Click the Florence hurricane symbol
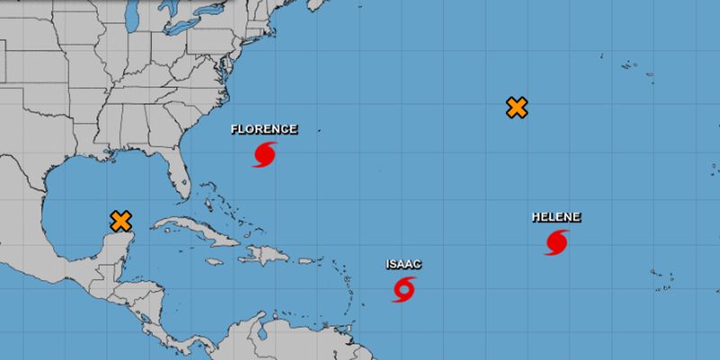[x=264, y=154]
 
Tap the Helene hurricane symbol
[x=556, y=242]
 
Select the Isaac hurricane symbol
[x=404, y=289]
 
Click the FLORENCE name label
[x=264, y=129]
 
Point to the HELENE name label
[x=556, y=217]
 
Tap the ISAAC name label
[x=403, y=264]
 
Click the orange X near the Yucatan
[x=121, y=220]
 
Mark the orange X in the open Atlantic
[x=516, y=108]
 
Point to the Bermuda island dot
[x=318, y=131]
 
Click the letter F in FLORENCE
[x=235, y=129]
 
